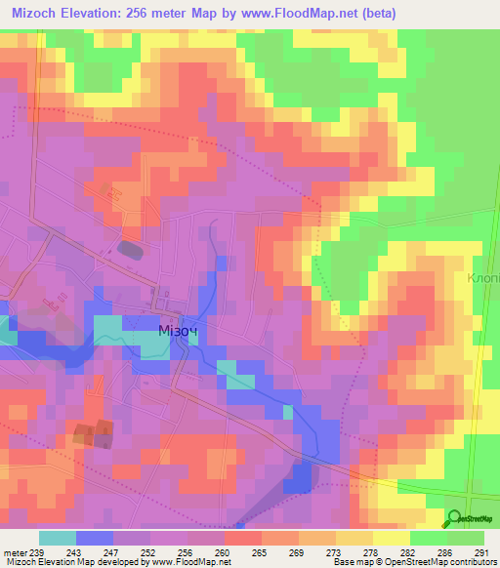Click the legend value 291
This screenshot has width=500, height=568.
click(x=481, y=552)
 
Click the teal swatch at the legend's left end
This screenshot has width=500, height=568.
click(x=58, y=538)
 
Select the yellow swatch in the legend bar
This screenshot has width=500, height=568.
click(x=392, y=538)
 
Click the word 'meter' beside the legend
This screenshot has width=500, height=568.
click(x=15, y=552)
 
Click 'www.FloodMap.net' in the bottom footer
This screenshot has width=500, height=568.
click(x=185, y=562)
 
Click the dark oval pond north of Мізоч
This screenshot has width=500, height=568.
click(x=129, y=249)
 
